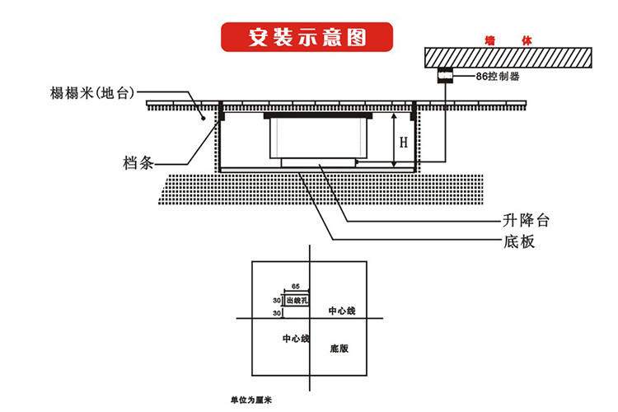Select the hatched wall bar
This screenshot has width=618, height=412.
click(508, 57)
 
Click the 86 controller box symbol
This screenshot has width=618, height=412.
click(445, 76)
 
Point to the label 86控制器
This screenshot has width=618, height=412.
click(499, 77)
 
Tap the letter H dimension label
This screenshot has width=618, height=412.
click(403, 142)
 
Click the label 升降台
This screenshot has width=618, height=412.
click(526, 221)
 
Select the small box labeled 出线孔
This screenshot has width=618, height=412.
click(297, 301)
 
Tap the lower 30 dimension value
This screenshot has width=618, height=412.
click(277, 314)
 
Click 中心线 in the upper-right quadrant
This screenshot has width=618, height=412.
click(341, 311)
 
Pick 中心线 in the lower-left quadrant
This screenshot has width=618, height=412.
click(295, 339)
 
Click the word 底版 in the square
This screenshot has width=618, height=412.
click(339, 349)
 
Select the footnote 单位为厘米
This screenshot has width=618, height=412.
click(251, 400)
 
